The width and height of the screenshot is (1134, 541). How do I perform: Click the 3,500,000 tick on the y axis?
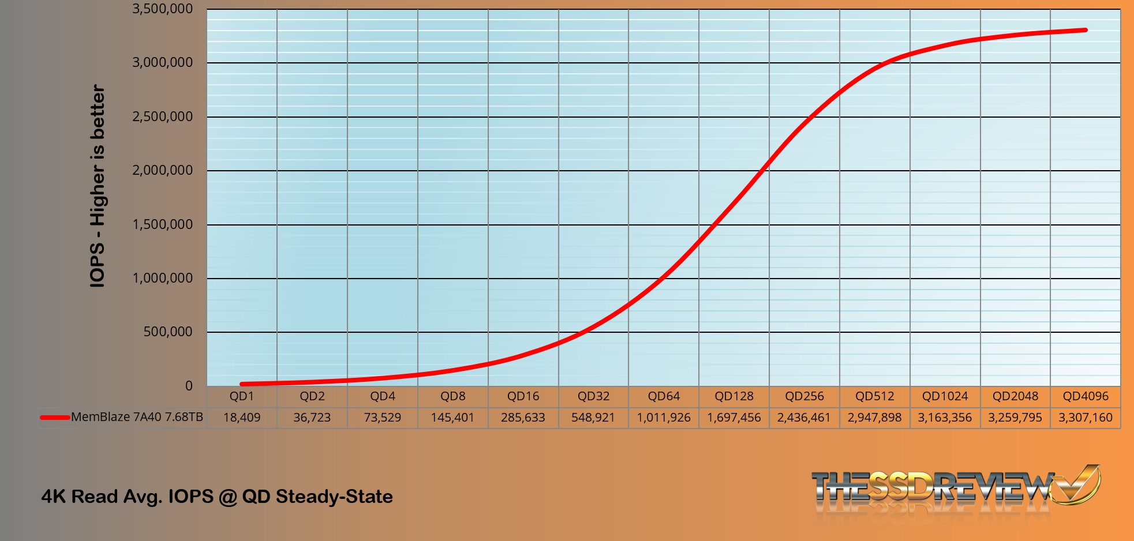pos(162,9)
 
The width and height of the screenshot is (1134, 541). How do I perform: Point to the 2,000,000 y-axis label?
pos(162,170)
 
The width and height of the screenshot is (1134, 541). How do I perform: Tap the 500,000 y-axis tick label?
pos(167,332)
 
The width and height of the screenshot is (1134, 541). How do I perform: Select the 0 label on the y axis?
pos(189,386)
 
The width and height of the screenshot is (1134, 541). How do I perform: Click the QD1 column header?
pos(241,396)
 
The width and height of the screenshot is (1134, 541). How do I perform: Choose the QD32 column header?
pos(593,396)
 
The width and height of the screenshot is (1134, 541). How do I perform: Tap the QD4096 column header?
pos(1086,396)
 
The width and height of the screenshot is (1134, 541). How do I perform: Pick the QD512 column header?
pos(874,396)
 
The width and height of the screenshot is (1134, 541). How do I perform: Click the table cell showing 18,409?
pos(241,418)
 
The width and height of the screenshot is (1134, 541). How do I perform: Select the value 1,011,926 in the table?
pos(664,418)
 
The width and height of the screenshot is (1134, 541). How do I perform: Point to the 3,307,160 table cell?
pos(1085,418)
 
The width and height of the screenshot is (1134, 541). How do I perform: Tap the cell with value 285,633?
pos(523,418)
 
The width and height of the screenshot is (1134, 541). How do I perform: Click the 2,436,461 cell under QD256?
pos(804,418)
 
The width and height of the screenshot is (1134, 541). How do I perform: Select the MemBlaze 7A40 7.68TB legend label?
pos(137,417)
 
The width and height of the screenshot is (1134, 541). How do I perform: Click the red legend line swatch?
pos(55,417)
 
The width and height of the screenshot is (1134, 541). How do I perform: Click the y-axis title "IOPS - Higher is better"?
pos(98,186)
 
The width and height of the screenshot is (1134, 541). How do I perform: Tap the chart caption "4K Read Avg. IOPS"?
pos(217,497)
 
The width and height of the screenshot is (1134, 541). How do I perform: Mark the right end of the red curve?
pos(1086,30)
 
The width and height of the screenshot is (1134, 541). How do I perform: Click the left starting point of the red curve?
pos(242,384)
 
